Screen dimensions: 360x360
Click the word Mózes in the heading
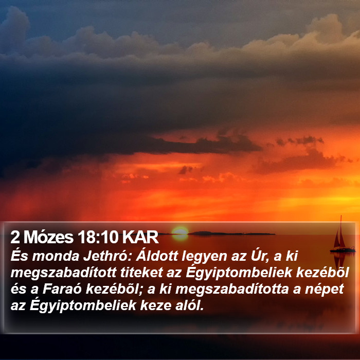click(48, 237)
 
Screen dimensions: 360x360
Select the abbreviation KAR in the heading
click(140, 237)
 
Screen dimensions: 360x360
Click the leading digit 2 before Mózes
click(15, 237)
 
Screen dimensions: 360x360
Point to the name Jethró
click(107, 256)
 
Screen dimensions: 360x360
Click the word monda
click(56, 257)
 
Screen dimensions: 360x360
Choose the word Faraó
click(62, 289)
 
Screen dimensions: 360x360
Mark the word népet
click(324, 290)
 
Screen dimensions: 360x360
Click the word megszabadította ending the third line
click(232, 290)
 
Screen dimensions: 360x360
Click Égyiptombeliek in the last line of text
click(83, 305)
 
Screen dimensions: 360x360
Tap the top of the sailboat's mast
click(341, 215)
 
